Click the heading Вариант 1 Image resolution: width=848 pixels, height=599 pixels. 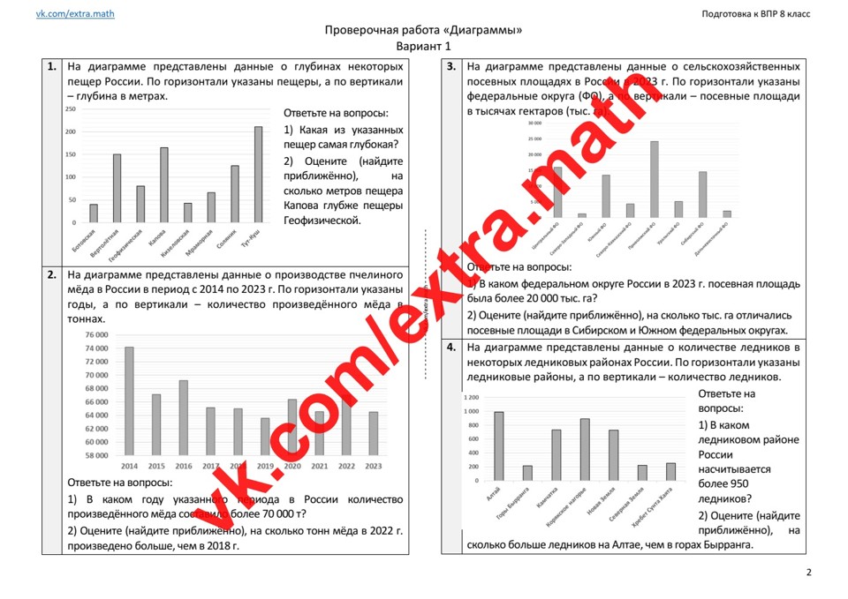(423, 46)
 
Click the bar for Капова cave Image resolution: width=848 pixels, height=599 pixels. (163, 185)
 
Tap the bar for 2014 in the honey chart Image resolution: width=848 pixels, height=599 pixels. (129, 401)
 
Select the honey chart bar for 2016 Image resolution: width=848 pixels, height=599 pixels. (183, 418)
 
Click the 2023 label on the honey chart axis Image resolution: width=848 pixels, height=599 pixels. (374, 466)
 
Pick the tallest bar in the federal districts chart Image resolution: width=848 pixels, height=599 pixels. (655, 179)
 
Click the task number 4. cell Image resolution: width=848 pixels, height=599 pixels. (451, 348)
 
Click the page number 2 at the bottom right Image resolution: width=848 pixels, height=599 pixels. (808, 573)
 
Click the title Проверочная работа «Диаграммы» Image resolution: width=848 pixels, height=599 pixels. (423, 30)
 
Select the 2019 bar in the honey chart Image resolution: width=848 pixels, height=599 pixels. (265, 437)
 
